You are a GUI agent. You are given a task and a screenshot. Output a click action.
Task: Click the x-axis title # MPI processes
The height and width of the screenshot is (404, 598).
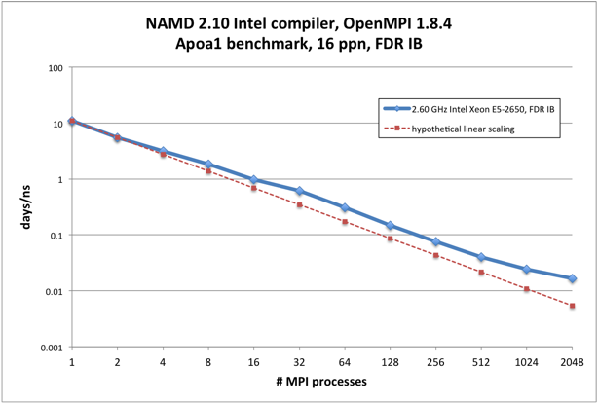[320, 382]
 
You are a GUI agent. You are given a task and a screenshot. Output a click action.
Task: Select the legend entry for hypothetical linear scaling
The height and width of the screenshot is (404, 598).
[462, 129]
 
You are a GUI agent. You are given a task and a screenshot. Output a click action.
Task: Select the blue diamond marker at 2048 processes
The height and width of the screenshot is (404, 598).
[572, 278]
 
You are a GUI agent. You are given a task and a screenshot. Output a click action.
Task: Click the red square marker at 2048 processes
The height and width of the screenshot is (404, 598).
[572, 306]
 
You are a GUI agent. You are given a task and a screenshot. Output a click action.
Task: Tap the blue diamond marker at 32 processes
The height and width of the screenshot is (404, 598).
[299, 191]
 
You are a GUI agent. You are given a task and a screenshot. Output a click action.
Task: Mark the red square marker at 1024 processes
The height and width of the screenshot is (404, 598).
[526, 289]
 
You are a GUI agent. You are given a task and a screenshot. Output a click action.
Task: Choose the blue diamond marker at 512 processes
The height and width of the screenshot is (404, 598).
[481, 257]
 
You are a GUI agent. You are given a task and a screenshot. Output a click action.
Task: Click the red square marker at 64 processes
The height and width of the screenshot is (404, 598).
[345, 222]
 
